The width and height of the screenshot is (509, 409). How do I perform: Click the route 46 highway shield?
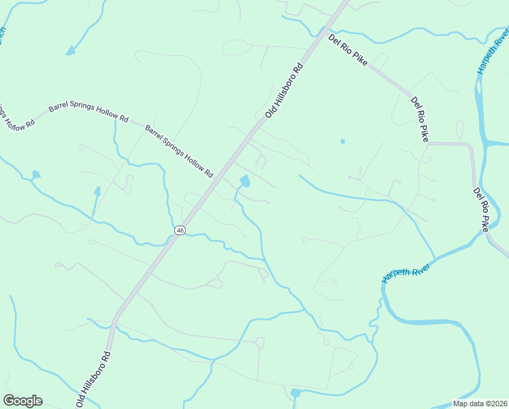coord(180,230)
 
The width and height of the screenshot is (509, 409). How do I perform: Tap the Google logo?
coord(22,401)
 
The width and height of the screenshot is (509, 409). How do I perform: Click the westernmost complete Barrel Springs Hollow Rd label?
coord(88,113)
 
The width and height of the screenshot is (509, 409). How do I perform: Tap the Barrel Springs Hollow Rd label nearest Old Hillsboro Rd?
coord(179,150)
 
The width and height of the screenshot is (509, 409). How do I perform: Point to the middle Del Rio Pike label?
coord(419,120)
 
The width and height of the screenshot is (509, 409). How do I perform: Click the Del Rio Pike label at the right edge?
coord(481,210)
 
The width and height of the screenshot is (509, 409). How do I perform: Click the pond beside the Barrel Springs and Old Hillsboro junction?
coord(244,181)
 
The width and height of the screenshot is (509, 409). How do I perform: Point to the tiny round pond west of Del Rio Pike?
coord(342,142)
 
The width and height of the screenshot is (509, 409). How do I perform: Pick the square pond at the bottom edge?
coord(295,393)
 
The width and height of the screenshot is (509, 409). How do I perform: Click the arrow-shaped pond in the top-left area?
coord(71,50)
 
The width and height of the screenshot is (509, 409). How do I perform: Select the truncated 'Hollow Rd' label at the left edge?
coord(10,117)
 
